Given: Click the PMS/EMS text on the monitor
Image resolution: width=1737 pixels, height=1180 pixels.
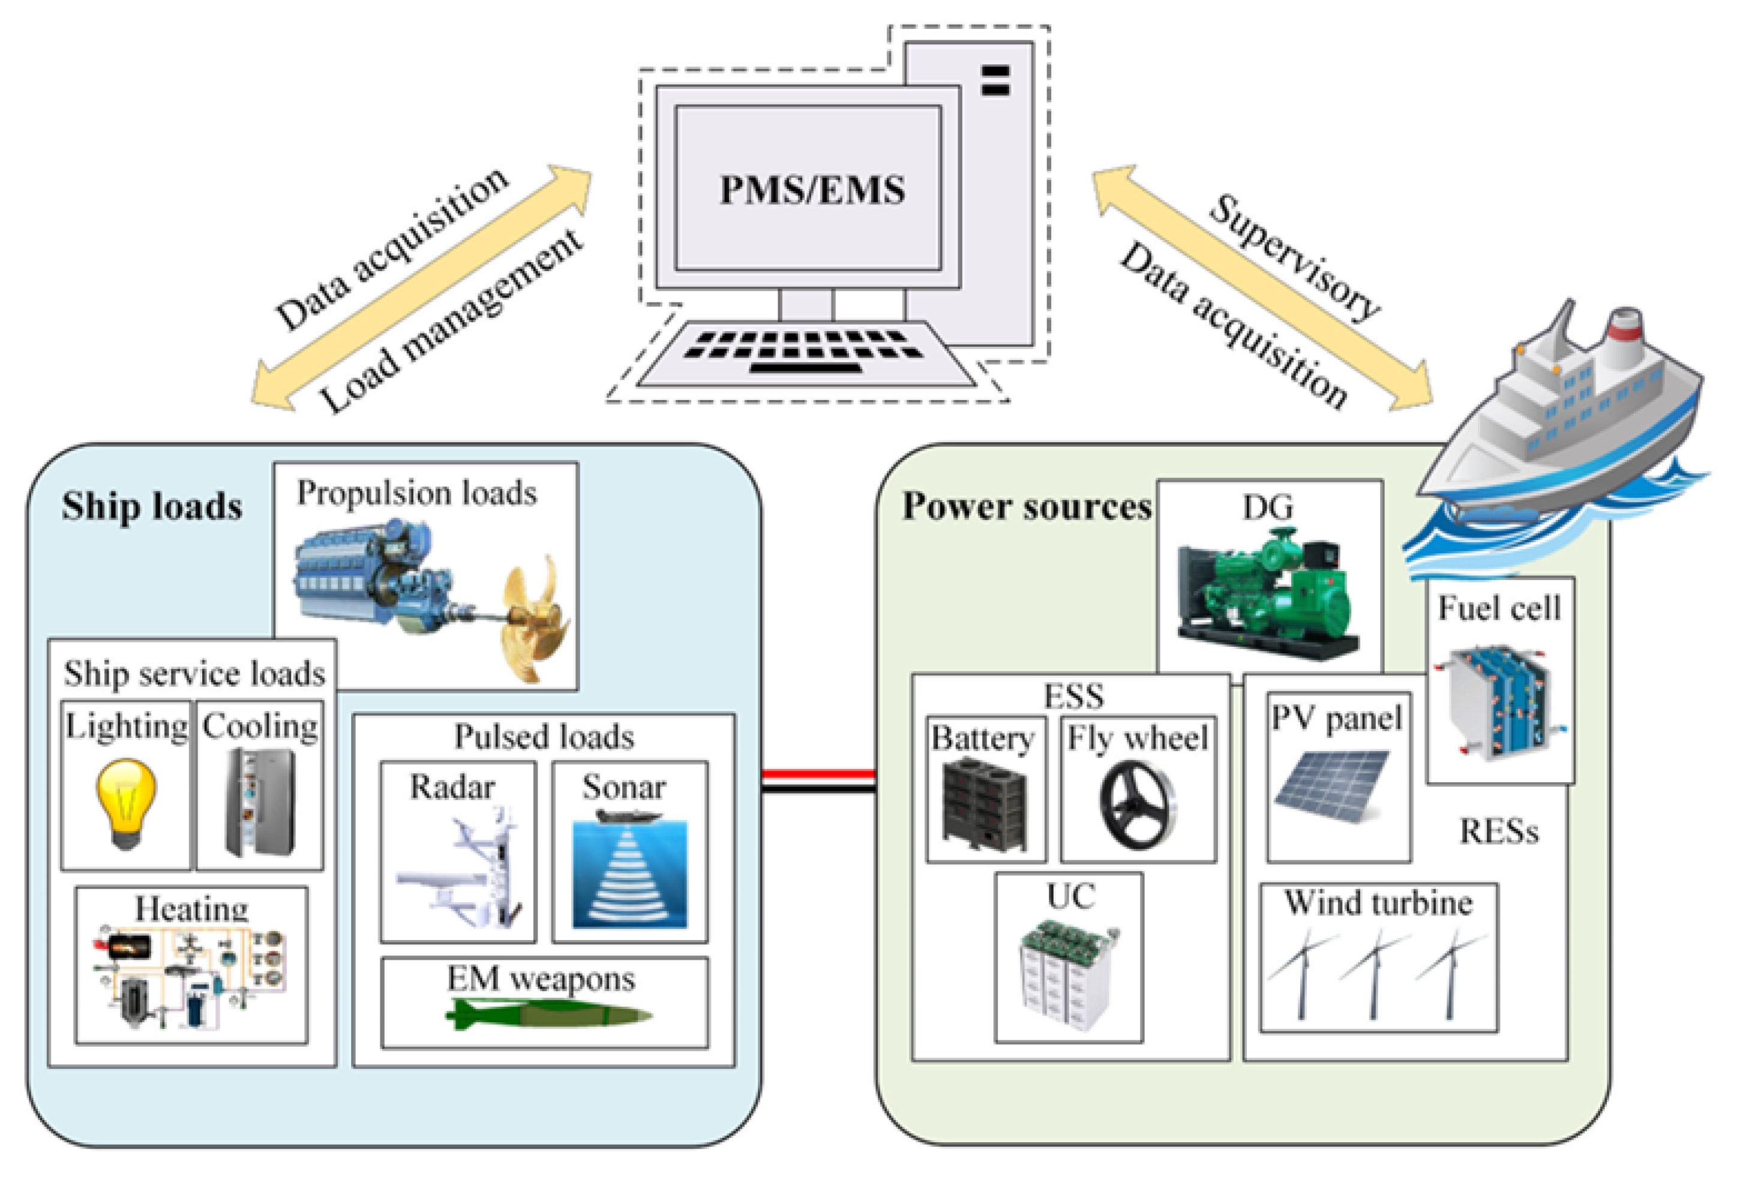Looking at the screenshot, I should [x=812, y=190].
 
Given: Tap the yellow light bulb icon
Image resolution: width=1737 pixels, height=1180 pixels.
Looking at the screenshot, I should [x=125, y=803].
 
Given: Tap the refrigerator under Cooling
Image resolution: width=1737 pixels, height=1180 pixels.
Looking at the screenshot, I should [x=261, y=802].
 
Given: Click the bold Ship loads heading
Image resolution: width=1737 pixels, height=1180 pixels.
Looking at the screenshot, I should [x=152, y=507].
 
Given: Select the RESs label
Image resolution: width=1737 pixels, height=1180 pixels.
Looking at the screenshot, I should [x=1499, y=831].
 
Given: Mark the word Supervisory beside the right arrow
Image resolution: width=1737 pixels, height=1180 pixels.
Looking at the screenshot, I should [x=1294, y=258].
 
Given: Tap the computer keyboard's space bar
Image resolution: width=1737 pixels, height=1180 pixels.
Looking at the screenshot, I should [x=806, y=368].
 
